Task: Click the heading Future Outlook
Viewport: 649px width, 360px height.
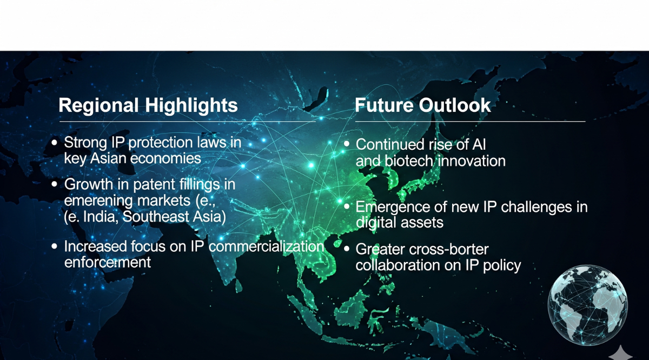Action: click(x=423, y=105)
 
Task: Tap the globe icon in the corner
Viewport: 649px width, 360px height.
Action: click(x=587, y=305)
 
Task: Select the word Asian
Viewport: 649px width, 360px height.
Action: click(x=108, y=158)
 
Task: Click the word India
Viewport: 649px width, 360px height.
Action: click(x=101, y=217)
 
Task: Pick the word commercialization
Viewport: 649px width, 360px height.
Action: click(x=266, y=247)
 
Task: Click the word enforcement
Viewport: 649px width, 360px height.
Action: click(x=108, y=262)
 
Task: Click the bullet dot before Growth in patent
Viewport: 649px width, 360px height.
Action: click(x=54, y=184)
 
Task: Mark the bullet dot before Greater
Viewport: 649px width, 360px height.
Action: click(x=347, y=249)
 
